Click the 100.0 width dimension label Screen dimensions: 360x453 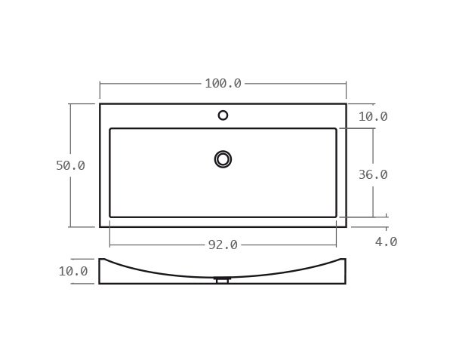[x=223, y=84]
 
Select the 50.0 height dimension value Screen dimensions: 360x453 [x=70, y=166]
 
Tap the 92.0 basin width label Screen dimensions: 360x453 [x=223, y=245]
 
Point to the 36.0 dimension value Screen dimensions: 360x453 [x=372, y=174]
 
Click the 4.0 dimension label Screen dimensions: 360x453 [x=386, y=242]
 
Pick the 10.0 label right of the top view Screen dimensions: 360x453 [x=372, y=116]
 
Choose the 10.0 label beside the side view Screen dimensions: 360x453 [x=73, y=271]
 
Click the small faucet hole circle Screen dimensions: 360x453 [x=223, y=115]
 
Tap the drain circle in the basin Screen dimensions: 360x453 [x=223, y=159]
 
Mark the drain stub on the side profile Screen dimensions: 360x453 [x=223, y=281]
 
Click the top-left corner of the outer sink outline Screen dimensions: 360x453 [x=100, y=103]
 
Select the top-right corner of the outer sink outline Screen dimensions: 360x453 [x=346, y=103]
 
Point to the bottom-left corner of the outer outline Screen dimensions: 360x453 [x=100, y=226]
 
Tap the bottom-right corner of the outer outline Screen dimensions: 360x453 [x=346, y=226]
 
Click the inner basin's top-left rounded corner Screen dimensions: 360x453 [x=111, y=130]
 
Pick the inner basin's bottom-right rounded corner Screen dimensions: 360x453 [x=335, y=216]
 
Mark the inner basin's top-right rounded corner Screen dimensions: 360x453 [x=335, y=130]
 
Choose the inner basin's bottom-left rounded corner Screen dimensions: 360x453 [x=111, y=216]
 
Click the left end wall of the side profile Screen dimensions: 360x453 [x=100, y=271]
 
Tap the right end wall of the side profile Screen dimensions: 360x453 [x=346, y=271]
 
